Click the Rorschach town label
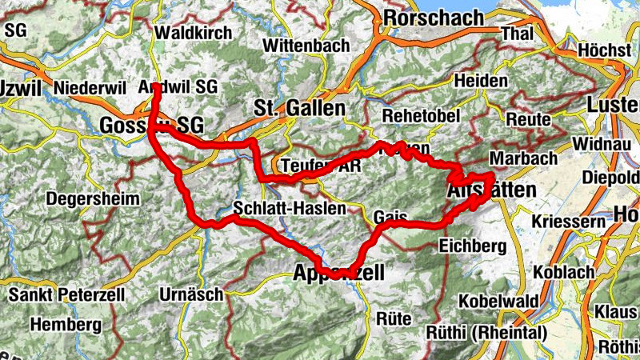tap(434, 18)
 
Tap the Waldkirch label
tap(194, 33)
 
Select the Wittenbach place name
tap(307, 44)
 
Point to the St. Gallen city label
tap(299, 108)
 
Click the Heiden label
tap(480, 82)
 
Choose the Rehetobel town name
tap(421, 115)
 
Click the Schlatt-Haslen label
tap(290, 208)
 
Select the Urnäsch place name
tap(191, 294)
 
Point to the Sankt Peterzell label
tap(67, 294)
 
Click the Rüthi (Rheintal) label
tap(498, 332)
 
